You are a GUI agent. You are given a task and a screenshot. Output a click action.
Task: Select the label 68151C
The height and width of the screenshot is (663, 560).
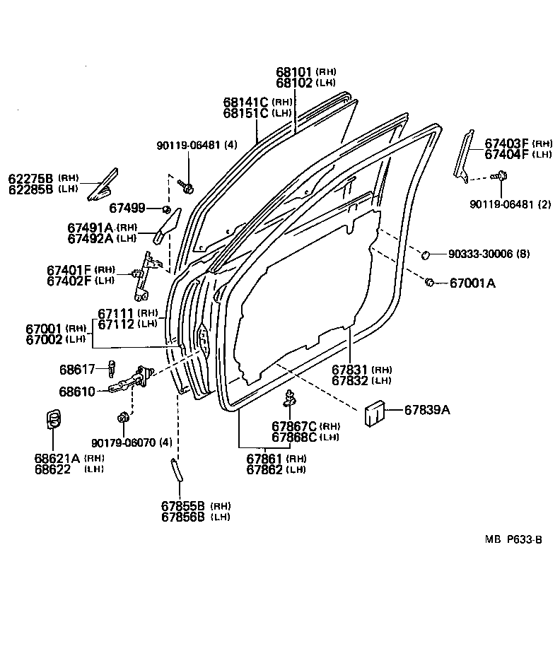pyautogui.click(x=246, y=113)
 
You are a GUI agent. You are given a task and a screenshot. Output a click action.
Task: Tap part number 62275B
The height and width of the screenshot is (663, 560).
pyautogui.click(x=32, y=178)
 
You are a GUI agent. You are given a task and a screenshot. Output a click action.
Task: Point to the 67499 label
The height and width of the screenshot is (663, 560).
pyautogui.click(x=127, y=208)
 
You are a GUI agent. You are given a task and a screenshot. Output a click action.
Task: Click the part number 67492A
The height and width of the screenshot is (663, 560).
pyautogui.click(x=91, y=238)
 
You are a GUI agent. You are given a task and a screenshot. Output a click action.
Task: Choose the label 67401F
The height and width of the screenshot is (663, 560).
pyautogui.click(x=69, y=269)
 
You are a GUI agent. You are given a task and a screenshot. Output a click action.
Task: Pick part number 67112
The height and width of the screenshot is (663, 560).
pyautogui.click(x=117, y=324)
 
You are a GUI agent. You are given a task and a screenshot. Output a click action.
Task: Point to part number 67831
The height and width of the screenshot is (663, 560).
pyautogui.click(x=350, y=370)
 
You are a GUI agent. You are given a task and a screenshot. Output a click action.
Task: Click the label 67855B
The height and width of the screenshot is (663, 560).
pyautogui.click(x=182, y=506)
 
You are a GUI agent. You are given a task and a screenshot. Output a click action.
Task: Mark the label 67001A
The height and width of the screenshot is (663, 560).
pyautogui.click(x=473, y=283)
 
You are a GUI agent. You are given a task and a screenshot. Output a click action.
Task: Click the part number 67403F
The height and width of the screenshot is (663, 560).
pyautogui.click(x=507, y=143)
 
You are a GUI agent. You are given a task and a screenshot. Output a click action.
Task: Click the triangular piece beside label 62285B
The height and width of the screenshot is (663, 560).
pyautogui.click(x=100, y=185)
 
